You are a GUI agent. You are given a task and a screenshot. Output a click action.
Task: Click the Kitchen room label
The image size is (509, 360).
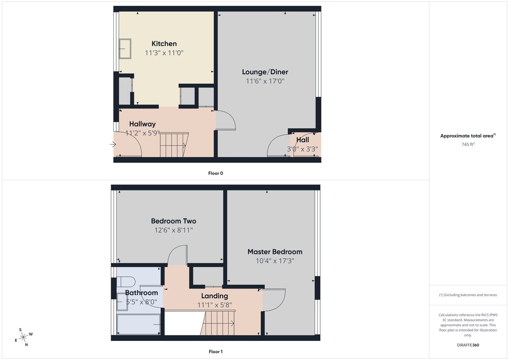[x=164, y=44]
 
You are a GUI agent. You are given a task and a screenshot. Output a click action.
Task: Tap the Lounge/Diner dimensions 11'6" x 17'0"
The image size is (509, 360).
[x=265, y=81]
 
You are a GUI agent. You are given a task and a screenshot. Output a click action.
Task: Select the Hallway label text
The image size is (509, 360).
[x=143, y=124]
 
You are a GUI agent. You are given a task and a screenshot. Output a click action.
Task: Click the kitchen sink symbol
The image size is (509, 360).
[x=125, y=49]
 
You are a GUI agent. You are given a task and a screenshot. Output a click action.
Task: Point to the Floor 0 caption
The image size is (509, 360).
[x=215, y=173]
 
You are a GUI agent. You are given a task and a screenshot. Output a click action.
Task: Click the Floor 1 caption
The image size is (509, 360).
[x=215, y=352]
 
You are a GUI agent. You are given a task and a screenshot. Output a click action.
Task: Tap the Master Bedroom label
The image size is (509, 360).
[x=275, y=252]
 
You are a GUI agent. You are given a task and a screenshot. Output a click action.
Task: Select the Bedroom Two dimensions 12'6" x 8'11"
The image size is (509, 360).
[x=173, y=230]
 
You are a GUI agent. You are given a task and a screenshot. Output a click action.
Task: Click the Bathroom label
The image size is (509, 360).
[x=141, y=293]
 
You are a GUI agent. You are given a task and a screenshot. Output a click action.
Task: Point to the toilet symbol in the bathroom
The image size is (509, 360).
[x=126, y=282]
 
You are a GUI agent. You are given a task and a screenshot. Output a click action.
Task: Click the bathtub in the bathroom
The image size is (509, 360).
[x=139, y=324]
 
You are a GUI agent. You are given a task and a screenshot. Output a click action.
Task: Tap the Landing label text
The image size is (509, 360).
[x=214, y=296]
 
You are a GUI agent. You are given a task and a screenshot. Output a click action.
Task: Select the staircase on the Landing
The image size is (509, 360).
[x=219, y=323]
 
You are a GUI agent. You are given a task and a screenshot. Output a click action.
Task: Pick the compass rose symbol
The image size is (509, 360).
[x=24, y=337]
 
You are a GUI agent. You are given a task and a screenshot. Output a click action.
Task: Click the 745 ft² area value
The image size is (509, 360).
[x=467, y=145]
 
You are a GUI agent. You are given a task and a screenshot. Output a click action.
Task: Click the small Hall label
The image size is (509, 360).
[x=302, y=140]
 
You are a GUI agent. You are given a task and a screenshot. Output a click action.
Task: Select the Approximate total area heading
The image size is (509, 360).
[x=467, y=136]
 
